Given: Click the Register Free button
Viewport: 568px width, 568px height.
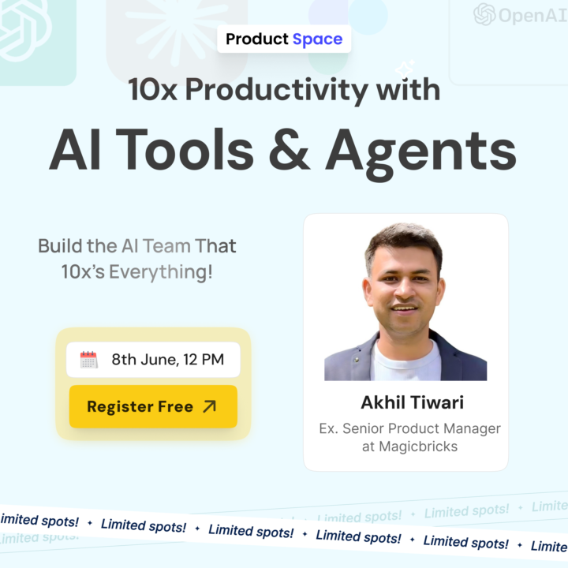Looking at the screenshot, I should pos(152,407).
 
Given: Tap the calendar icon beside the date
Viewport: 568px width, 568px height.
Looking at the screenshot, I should pos(89,361).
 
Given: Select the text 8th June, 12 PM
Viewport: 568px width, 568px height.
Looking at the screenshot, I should pos(167,361).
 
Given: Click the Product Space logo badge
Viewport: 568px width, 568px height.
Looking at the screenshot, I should pos(284,39).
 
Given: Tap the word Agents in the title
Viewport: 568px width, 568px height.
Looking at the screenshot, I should pos(421,150).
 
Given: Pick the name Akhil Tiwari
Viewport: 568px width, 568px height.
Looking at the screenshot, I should pos(413,403).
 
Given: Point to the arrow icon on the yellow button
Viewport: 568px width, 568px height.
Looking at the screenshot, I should pos(209,407).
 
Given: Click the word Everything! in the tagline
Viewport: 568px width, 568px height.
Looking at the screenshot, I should pos(161,272).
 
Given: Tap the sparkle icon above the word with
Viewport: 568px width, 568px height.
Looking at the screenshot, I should pos(405,68).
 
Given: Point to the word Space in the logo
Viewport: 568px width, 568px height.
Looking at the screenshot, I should pos(317,39).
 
